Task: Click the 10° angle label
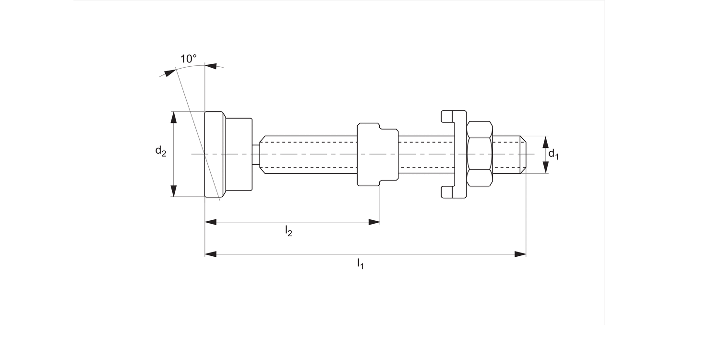[x=188, y=59]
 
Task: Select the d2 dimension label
[x=160, y=151]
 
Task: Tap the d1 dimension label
[x=553, y=154]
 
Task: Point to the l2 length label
[x=288, y=231]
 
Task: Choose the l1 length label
[x=360, y=263]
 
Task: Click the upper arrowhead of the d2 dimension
[x=174, y=118]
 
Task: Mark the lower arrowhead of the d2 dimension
[x=174, y=191]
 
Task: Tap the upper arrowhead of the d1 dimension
[x=545, y=142]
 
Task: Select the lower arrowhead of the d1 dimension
[x=545, y=167]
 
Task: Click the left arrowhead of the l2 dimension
[x=211, y=222]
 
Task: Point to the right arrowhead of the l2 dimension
[x=374, y=222]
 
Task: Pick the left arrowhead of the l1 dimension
[x=211, y=254]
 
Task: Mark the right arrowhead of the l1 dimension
[x=520, y=254]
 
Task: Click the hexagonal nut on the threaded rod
[x=479, y=154]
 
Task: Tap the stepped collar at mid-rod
[x=377, y=154]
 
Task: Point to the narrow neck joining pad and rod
[x=256, y=154]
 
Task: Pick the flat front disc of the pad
[x=214, y=154]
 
